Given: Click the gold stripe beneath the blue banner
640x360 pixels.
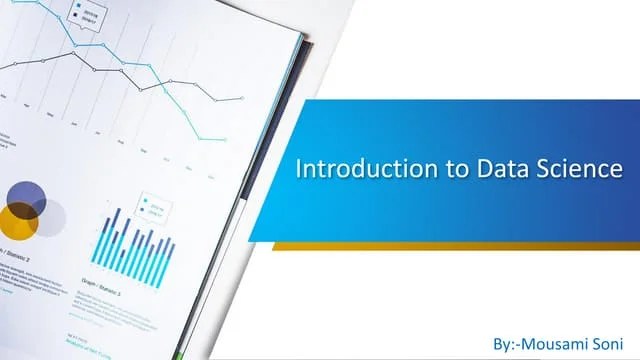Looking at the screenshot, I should tap(450, 246).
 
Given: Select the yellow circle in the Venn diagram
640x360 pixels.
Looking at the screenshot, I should tap(17, 220).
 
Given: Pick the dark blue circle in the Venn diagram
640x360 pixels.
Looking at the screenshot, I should tap(27, 197).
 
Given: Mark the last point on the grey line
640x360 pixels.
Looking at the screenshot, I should tap(242, 98).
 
